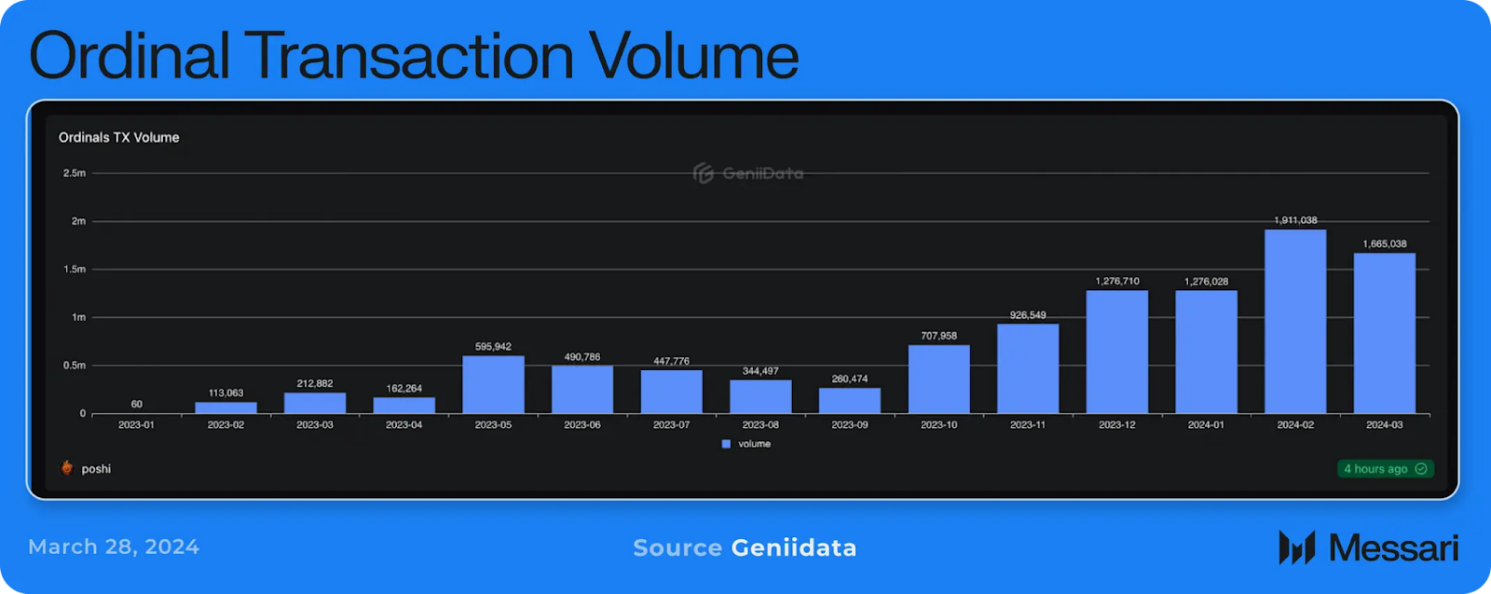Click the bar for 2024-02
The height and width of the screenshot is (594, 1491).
pyautogui.click(x=1295, y=322)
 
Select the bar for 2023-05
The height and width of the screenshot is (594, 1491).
pyautogui.click(x=493, y=384)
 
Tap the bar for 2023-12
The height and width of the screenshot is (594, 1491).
pyautogui.click(x=1116, y=352)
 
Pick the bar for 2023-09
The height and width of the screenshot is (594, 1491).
pyautogui.click(x=849, y=401)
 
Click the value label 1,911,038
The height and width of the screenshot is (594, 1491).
pyautogui.click(x=1295, y=220)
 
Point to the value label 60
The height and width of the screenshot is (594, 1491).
pyautogui.click(x=137, y=404)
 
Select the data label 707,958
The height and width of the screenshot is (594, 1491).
pyautogui.click(x=938, y=336)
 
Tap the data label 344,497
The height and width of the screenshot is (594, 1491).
pyautogui.click(x=760, y=371)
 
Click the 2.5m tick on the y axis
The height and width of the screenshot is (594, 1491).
pyautogui.click(x=75, y=173)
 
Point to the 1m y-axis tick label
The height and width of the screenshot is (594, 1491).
pyautogui.click(x=78, y=317)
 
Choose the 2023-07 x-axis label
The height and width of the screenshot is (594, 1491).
pyautogui.click(x=671, y=425)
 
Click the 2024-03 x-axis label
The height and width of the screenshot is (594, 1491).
pyautogui.click(x=1384, y=425)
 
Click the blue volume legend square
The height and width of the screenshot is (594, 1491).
pyautogui.click(x=726, y=444)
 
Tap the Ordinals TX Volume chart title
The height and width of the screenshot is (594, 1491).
pyautogui.click(x=118, y=137)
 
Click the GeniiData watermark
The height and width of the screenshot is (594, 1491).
pyautogui.click(x=748, y=173)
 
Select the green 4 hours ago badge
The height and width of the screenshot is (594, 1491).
pyautogui.click(x=1385, y=469)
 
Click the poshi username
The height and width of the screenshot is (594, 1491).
pyautogui.click(x=96, y=469)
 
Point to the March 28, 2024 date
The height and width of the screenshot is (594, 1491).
pyautogui.click(x=114, y=546)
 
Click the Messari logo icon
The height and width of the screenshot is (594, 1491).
pyautogui.click(x=1296, y=547)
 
